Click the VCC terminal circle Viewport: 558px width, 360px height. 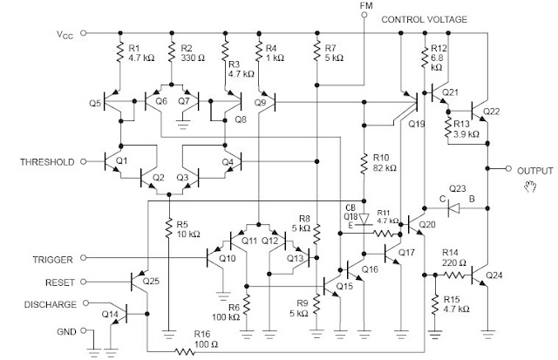[84, 33]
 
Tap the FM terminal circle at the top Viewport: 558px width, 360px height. [364, 15]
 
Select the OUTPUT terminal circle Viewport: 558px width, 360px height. [509, 168]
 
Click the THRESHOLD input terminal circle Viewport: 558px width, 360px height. [84, 161]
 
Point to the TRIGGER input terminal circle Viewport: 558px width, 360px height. [84, 257]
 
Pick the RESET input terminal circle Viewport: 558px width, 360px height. [84, 282]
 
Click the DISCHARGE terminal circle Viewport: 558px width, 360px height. [85, 303]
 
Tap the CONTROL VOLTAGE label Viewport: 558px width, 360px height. [425, 19]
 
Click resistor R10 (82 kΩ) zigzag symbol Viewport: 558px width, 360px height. [364, 164]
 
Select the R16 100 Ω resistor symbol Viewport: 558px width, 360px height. [185, 352]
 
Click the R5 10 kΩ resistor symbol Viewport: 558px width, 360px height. [169, 228]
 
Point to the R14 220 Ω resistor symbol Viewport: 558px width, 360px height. [453, 275]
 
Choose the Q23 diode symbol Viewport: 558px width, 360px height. [453, 208]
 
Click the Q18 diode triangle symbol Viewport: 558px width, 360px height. [364, 220]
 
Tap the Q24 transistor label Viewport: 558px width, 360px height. [494, 275]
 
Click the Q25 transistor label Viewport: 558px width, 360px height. [151, 282]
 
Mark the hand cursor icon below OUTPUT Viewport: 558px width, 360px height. [530, 186]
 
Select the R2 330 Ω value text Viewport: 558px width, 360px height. [193, 58]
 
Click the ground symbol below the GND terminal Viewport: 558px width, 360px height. [94, 352]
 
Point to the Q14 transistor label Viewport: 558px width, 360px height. [110, 314]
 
